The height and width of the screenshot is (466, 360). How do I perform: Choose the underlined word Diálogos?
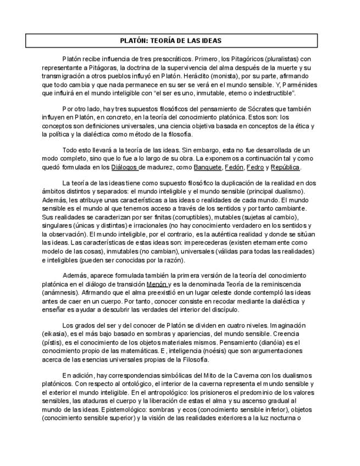(124, 167)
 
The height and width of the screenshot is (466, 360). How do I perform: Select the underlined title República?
(286, 167)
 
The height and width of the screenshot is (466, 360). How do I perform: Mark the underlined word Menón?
(157, 284)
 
